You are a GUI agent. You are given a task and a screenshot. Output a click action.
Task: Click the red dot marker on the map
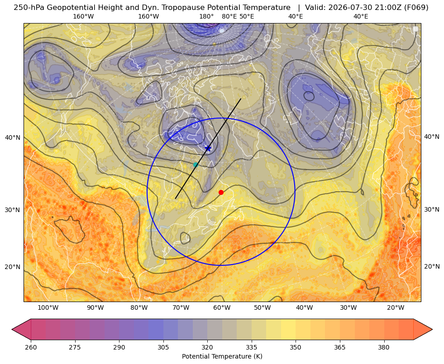point(221,192)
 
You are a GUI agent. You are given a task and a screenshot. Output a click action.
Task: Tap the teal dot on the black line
point(196,165)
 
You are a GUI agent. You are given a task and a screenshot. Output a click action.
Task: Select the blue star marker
point(208,148)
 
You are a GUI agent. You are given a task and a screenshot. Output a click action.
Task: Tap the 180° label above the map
point(206,17)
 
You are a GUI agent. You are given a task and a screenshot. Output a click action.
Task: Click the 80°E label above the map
point(229,17)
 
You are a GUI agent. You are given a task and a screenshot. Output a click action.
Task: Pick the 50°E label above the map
point(247,17)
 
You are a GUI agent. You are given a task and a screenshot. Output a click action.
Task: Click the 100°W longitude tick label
point(48,308)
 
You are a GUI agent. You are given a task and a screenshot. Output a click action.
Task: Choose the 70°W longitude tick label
point(181,308)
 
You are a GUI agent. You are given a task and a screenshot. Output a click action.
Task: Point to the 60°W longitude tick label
point(222,308)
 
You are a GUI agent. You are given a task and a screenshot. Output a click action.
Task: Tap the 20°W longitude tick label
point(395,308)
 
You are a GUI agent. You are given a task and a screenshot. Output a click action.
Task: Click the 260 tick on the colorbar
point(31,347)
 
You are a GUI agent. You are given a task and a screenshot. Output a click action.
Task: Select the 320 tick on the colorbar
point(207,347)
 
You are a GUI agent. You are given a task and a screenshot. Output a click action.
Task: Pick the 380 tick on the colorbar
point(384,347)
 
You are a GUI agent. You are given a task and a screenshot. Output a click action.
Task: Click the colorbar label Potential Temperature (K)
point(222,356)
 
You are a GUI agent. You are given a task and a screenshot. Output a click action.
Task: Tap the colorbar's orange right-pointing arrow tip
point(432,329)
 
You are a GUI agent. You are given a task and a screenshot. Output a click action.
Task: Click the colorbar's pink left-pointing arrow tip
point(12,329)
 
